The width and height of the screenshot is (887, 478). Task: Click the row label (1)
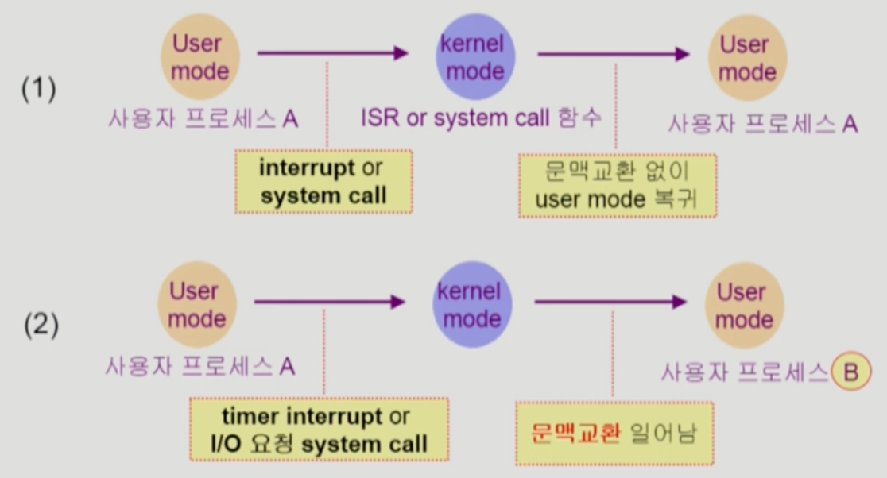[38, 90]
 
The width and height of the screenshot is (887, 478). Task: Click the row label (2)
[40, 326]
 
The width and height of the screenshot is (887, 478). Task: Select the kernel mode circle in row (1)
[475, 57]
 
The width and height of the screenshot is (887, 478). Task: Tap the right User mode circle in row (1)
[747, 58]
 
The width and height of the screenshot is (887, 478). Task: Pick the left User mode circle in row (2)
[196, 305]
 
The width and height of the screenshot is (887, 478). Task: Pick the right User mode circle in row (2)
[744, 306]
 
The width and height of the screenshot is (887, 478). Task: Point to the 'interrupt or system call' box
[323, 182]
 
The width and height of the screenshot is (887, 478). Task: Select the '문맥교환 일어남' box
[614, 433]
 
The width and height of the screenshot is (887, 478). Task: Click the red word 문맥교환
[575, 434]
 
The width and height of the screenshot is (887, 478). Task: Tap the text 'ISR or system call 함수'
[481, 119]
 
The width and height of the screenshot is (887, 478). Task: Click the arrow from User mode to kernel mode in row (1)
[332, 54]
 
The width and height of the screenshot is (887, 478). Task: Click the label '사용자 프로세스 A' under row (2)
[200, 367]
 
